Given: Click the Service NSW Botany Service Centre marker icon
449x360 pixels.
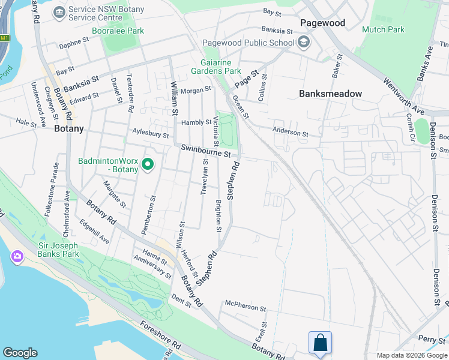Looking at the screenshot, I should pyautogui.click(x=59, y=12).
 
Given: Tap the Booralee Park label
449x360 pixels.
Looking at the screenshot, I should pyautogui.click(x=118, y=31).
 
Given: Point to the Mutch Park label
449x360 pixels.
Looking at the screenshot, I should pyautogui.click(x=383, y=29).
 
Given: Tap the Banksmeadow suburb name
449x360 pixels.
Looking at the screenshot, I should pyautogui.click(x=330, y=94).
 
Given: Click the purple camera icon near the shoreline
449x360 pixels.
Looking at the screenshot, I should pyautogui.click(x=17, y=257).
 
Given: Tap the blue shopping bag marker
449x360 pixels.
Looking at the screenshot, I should pyautogui.click(x=320, y=343).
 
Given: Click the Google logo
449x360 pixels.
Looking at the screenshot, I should pyautogui.click(x=20, y=353).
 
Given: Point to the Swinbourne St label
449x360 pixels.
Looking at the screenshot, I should pyautogui.click(x=203, y=151).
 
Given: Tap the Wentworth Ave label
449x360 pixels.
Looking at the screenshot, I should pyautogui.click(x=404, y=96).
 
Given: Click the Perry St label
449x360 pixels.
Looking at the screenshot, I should pyautogui.click(x=432, y=340).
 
